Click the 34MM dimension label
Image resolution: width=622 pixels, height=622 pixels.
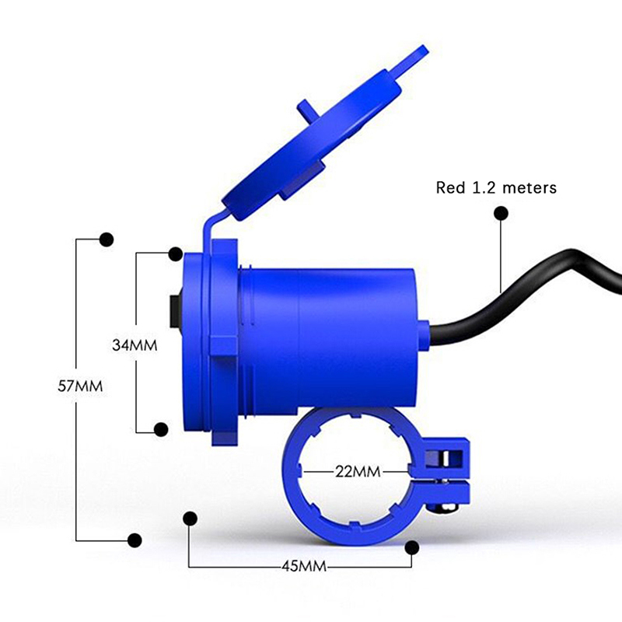pos(135,345)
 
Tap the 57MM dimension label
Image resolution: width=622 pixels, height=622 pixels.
pos(80,386)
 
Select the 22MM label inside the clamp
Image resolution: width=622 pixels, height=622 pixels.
pos(358,472)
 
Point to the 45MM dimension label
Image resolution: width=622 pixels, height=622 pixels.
pos(304,566)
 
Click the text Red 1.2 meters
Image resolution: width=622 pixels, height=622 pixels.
pos(496,187)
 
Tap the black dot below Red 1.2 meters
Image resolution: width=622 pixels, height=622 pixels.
pos(501,213)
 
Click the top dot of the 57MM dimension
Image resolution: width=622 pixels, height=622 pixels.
pos(107,239)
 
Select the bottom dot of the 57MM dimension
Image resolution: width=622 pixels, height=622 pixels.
pos(135,540)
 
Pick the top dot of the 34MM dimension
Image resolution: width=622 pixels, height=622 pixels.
pos(176,254)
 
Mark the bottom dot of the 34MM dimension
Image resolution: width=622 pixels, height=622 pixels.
pos(161,429)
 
